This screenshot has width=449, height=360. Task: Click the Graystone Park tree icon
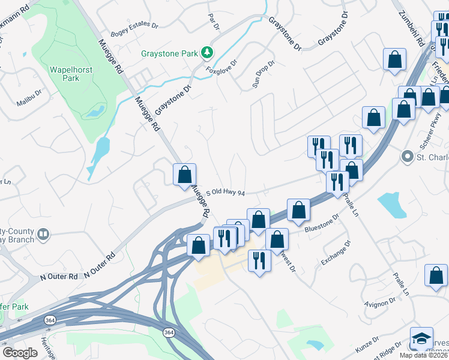pyautogui.click(x=207, y=53)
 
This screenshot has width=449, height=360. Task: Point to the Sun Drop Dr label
pyautogui.click(x=263, y=72)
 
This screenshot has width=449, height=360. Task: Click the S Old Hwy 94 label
pyautogui.click(x=226, y=193)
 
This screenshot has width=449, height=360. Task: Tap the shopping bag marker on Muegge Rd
pyautogui.click(x=185, y=175)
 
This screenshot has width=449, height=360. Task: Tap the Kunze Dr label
pyautogui.click(x=367, y=342)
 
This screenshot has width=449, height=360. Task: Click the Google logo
pyautogui.click(x=20, y=352)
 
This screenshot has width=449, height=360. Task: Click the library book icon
pyautogui.click(x=43, y=233)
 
